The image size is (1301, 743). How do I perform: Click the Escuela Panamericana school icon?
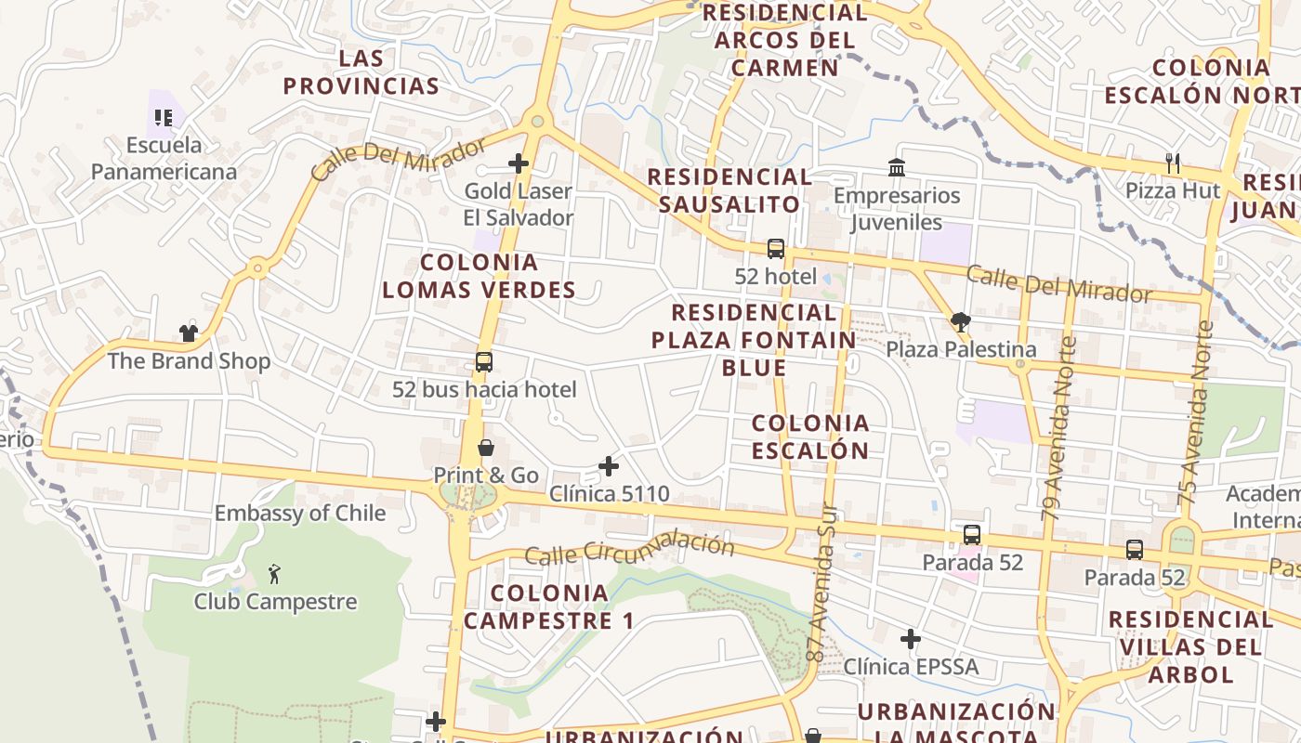coord(164,118)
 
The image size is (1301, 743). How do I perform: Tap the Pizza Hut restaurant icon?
coord(1173,163)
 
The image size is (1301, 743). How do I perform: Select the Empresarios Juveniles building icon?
coord(897,167)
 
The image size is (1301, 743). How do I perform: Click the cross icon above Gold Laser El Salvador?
coord(519,163)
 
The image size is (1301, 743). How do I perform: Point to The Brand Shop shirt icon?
coord(189,332)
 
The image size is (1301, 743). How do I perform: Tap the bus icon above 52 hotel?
coord(776,249)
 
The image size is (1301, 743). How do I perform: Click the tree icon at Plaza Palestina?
coord(961,322)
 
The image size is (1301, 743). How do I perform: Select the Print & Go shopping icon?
coord(485,448)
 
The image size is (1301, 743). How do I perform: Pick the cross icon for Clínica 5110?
coord(609,465)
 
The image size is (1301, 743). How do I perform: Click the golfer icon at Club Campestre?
coord(274,573)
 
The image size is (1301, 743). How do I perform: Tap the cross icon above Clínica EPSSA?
coord(911,639)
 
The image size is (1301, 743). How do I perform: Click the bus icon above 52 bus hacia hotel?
coord(484,362)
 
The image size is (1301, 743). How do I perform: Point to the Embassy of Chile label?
coord(299,513)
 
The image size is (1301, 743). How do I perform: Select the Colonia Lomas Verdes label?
coord(479,276)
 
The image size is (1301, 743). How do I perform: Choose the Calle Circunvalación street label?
coord(629,549)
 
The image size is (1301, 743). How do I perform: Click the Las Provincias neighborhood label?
coord(361,72)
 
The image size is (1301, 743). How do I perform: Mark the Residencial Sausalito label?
coord(729,190)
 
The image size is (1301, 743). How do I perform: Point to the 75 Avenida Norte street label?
coord(1196,412)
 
